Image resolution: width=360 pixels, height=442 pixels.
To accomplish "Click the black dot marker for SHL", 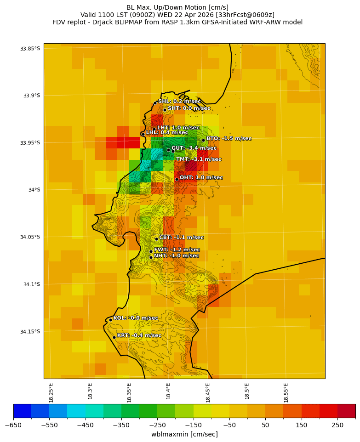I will click(155, 103).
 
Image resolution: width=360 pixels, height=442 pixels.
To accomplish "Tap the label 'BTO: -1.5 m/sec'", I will click(229, 138).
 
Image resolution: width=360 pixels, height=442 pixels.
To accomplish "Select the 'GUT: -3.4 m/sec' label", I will click(194, 148).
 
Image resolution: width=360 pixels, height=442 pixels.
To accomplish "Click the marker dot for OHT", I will click(177, 179).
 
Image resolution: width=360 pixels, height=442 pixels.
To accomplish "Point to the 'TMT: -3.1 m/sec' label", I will click(199, 159).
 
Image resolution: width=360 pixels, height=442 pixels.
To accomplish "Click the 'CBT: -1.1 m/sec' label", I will click(181, 238).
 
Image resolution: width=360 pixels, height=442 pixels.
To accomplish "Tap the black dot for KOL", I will click(110, 320).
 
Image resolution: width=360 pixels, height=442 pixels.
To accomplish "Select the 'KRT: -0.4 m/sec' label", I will click(139, 335).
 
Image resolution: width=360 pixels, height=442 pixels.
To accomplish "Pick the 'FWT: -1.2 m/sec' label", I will click(177, 250).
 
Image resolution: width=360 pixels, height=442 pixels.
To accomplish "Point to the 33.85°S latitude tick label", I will click(30, 49).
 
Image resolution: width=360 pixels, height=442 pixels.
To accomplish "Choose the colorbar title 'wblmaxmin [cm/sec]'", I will click(184, 434).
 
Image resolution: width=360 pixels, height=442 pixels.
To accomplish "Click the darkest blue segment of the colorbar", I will click(22, 410).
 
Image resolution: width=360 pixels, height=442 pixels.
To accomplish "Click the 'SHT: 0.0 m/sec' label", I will click(189, 108).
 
